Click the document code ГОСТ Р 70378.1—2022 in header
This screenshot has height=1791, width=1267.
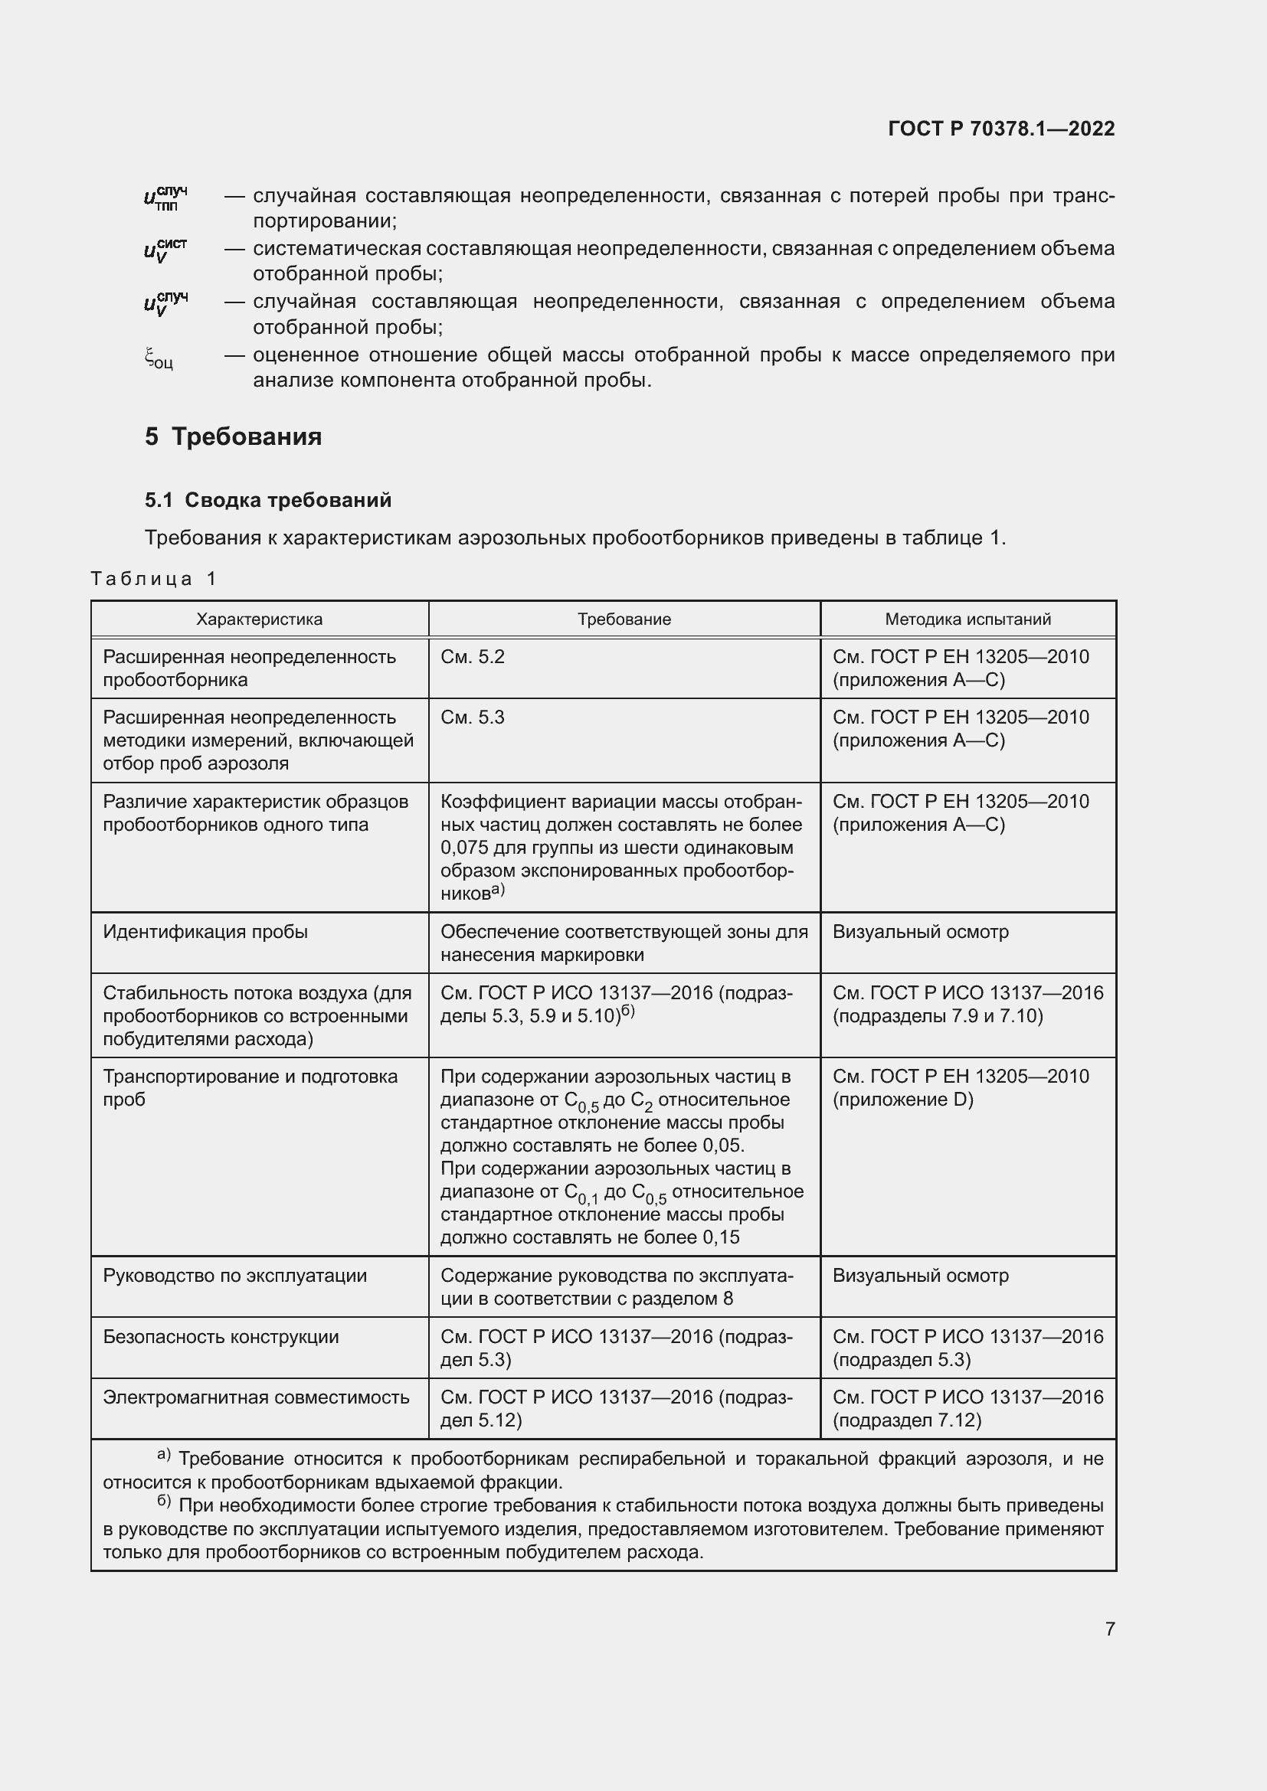[1001, 129]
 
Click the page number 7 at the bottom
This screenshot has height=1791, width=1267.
[1109, 1629]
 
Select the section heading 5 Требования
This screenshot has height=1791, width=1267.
[233, 436]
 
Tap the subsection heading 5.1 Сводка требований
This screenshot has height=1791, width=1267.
[267, 500]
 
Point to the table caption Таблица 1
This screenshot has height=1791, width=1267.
[153, 578]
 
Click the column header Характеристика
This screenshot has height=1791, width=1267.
[259, 619]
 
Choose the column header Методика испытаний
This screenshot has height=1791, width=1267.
[967, 619]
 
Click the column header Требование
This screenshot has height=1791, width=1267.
[624, 619]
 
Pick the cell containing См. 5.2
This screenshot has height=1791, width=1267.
[473, 657]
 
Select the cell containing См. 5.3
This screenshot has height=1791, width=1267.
[473, 717]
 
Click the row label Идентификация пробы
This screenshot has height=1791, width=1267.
[205, 931]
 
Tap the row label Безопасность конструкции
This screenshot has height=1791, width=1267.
[221, 1336]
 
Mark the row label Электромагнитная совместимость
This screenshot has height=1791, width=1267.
[256, 1397]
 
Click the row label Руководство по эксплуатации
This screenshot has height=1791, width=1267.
[234, 1276]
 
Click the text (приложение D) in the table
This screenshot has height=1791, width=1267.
[902, 1099]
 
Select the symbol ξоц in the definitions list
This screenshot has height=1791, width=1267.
[159, 359]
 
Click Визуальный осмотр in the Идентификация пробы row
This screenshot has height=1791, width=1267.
[920, 931]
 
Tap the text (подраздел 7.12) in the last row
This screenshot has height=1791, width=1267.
[906, 1420]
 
